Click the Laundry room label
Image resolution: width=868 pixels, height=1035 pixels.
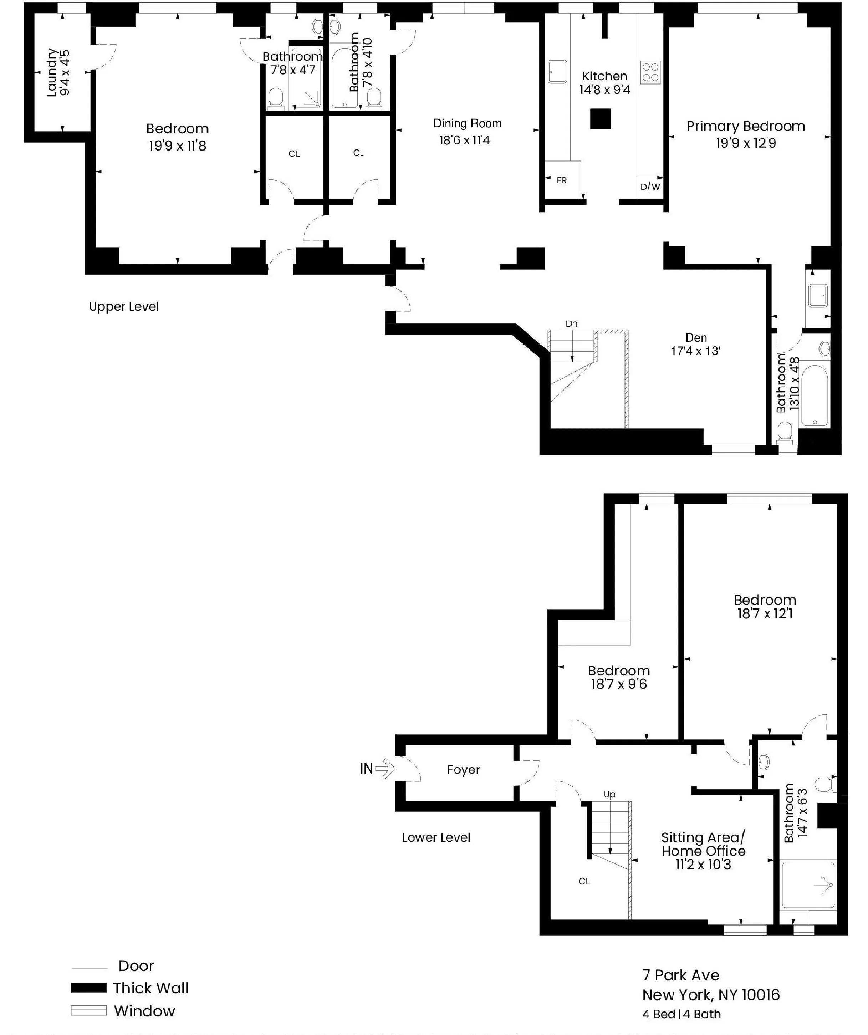pos(52,72)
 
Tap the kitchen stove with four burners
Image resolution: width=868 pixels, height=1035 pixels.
pos(650,72)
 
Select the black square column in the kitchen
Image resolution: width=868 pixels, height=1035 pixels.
pos(600,119)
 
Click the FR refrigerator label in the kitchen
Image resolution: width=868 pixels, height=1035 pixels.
pos(561,180)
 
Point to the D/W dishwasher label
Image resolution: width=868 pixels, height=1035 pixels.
pos(650,187)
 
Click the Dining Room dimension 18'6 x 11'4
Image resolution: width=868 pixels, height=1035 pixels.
pos(464,141)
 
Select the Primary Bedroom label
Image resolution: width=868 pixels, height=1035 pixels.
pos(745,127)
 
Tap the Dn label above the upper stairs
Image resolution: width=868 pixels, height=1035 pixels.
pos(571,324)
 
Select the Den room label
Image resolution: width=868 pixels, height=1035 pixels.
pos(696,338)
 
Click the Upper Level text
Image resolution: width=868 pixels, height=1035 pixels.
pos(124,307)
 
